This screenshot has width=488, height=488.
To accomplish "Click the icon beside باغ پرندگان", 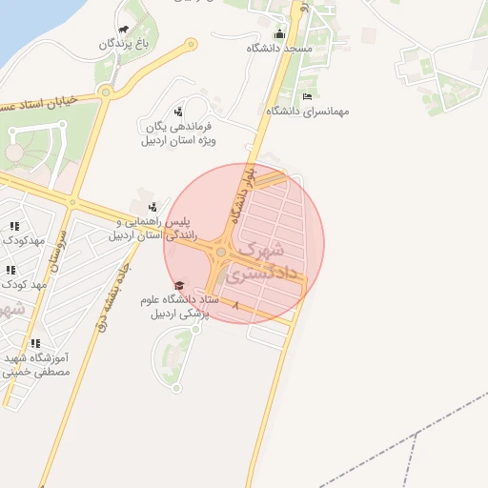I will click(125, 30).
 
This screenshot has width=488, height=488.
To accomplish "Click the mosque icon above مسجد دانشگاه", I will click(278, 34).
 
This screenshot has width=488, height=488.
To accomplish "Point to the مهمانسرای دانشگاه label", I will click(308, 111).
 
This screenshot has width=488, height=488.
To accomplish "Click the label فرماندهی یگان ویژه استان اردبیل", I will click(179, 133).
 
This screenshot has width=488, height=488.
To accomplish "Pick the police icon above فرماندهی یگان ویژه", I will click(178, 112).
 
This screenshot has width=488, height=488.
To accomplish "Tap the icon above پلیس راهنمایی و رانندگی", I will click(152, 207).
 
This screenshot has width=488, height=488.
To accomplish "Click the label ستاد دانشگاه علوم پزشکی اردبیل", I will click(180, 306).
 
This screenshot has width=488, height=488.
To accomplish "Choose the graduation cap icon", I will click(178, 286).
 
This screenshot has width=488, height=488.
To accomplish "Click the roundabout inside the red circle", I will click(221, 252).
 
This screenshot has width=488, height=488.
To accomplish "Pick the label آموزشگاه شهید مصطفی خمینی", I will click(38, 364).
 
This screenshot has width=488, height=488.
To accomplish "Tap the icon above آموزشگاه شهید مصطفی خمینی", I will click(35, 343).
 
